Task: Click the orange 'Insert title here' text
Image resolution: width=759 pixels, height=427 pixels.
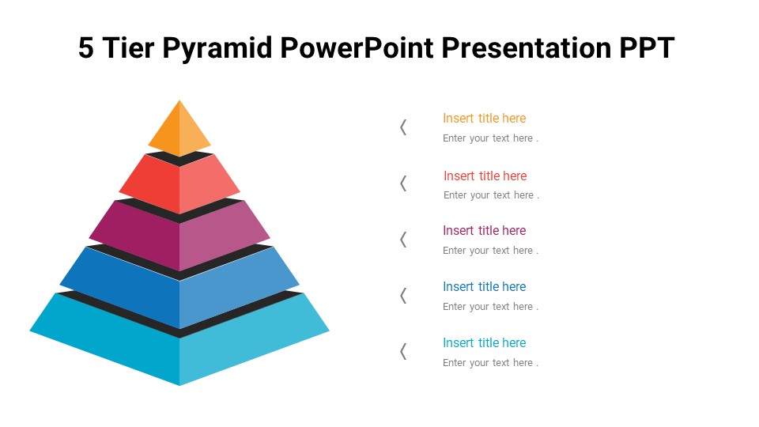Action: click(484, 119)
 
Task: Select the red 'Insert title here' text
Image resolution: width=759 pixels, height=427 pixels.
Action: click(485, 176)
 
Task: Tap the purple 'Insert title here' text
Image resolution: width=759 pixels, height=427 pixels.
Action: click(484, 231)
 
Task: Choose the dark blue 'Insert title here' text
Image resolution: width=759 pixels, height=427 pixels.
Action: click(484, 287)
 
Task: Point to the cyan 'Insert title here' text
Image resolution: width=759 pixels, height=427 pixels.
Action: click(484, 343)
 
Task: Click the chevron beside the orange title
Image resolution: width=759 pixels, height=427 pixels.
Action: click(403, 127)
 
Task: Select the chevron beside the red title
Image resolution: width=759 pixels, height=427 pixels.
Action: click(403, 183)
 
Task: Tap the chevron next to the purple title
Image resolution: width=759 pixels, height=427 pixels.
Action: click(403, 240)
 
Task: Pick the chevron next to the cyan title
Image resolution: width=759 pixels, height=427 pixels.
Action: click(403, 351)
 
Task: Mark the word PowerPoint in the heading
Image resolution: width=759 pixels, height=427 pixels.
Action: click(357, 48)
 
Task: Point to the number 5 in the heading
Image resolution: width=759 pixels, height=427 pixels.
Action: click(86, 48)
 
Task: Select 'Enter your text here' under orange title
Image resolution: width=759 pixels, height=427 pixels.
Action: click(490, 138)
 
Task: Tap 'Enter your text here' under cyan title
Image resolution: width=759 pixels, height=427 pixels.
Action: click(490, 363)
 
